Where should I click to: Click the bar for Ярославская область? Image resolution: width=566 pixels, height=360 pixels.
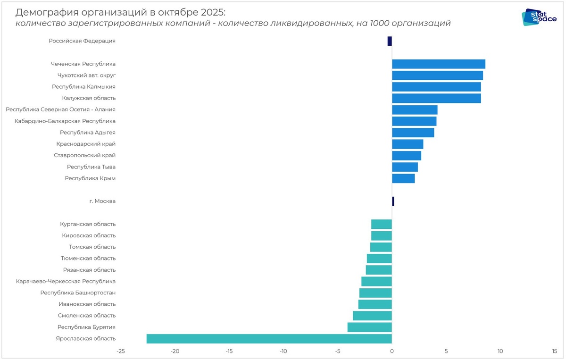pyautogui.click(x=269, y=339)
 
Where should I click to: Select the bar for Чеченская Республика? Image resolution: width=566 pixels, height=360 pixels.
pyautogui.click(x=438, y=64)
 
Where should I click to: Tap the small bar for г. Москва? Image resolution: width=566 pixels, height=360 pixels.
pyautogui.click(x=393, y=201)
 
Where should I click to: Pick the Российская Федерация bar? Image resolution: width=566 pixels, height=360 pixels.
pyautogui.click(x=390, y=41)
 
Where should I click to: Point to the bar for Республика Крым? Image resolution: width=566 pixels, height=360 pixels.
pyautogui.click(x=403, y=178)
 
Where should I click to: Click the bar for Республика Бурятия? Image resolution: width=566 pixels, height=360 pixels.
pyautogui.click(x=369, y=327)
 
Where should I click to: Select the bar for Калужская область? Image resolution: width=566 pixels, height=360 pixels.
pyautogui.click(x=436, y=98)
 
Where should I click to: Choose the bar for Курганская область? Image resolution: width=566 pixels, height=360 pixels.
pyautogui.click(x=382, y=224)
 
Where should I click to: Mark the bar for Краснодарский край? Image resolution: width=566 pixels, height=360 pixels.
pyautogui.click(x=408, y=144)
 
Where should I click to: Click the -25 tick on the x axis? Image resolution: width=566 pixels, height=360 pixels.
pyautogui.click(x=121, y=352)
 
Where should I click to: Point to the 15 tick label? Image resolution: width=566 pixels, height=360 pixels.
pyautogui.click(x=555, y=352)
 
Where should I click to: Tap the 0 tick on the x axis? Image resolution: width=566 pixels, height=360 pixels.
pyautogui.click(x=392, y=352)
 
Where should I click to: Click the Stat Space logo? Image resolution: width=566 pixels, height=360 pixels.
pyautogui.click(x=539, y=17)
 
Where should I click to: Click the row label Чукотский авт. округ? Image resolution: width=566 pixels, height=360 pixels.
pyautogui.click(x=86, y=75)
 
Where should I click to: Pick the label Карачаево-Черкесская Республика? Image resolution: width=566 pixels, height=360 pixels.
pyautogui.click(x=66, y=282)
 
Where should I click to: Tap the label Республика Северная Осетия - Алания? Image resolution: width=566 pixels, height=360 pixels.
pyautogui.click(x=61, y=109)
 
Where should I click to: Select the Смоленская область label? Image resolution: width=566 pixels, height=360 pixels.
pyautogui.click(x=87, y=316)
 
